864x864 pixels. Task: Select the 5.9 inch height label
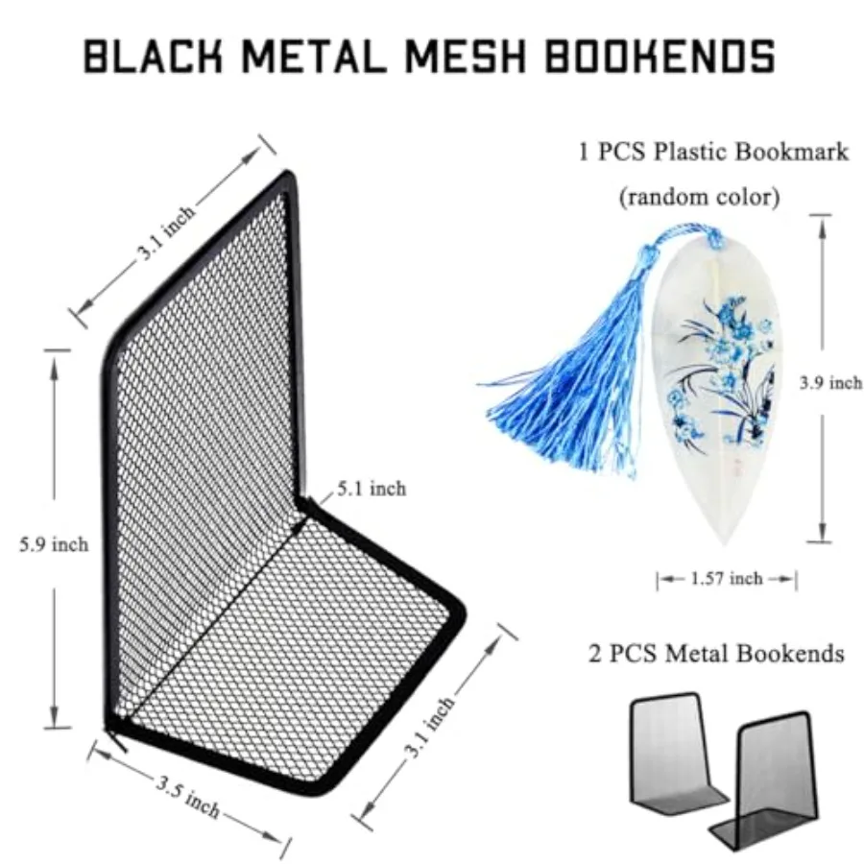tap(54, 544)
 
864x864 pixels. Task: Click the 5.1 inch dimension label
tap(372, 489)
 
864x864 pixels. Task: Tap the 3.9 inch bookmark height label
tap(831, 383)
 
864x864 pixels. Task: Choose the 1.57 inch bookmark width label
tap(727, 578)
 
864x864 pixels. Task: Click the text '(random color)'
tap(700, 197)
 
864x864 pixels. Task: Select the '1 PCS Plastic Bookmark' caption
tap(713, 152)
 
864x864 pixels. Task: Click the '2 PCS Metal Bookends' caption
tap(716, 654)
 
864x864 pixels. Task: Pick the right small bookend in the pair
tap(763, 778)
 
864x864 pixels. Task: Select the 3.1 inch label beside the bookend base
tap(429, 727)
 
